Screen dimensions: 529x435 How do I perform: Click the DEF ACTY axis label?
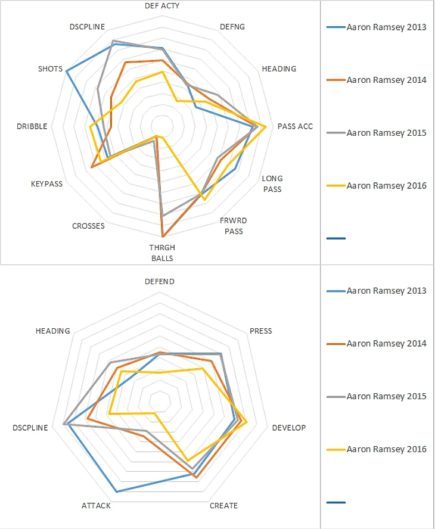[162, 5]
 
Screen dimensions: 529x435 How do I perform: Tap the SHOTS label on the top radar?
[50, 69]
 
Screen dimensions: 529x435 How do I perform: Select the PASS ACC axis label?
[295, 126]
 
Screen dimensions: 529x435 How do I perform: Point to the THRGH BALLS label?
[162, 253]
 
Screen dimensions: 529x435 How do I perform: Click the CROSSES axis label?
[88, 226]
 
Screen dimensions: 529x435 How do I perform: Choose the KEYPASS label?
[46, 183]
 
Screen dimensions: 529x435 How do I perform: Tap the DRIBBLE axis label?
[33, 126]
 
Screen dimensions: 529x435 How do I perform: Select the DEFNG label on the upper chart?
[232, 27]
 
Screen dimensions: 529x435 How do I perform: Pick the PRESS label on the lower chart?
[260, 331]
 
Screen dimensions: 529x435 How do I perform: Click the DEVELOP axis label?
[289, 428]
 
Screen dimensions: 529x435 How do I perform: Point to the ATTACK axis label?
[95, 506]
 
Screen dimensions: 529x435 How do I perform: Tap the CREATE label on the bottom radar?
[223, 506]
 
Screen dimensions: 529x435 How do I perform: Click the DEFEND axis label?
[160, 281]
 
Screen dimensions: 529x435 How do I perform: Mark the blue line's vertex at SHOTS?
[67, 71]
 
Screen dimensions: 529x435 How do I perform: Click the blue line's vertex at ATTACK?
[117, 492]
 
